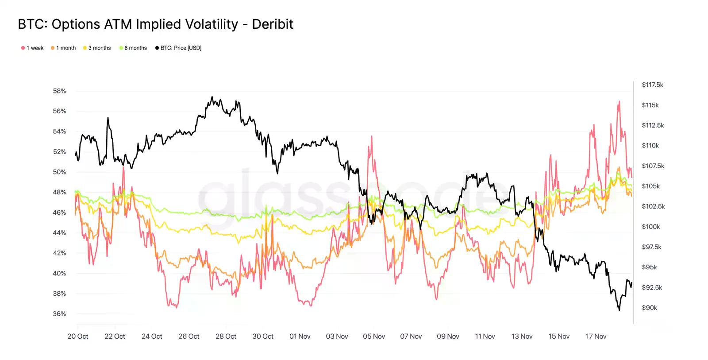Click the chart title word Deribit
coord(273,24)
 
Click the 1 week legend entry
coord(32,48)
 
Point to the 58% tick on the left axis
coord(59,91)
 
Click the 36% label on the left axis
coord(59,314)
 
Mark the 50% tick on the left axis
coord(59,172)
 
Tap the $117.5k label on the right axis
coord(652,85)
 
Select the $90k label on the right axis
coord(649,308)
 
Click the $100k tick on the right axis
coord(650,227)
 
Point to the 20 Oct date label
coord(78,337)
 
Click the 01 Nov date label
coord(300,337)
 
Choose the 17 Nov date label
coord(596,337)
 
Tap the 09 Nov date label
coord(448,337)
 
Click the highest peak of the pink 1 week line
coord(619,101)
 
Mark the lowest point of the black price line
coord(619,310)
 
